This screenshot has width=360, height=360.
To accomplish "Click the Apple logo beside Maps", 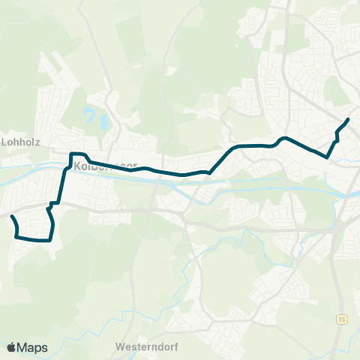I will [11, 347].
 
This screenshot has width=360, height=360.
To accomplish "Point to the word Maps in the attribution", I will [32, 347].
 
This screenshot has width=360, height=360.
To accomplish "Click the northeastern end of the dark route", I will [348, 120].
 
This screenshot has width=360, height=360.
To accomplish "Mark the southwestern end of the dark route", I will [12, 217].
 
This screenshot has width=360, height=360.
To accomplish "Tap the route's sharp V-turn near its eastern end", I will [328, 156].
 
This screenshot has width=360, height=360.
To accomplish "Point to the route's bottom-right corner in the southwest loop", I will [50, 240].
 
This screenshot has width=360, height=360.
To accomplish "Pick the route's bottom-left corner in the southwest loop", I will [16, 237].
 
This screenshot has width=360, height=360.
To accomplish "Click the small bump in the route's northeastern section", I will [283, 139].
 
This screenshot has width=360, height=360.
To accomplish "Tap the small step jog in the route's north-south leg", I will [54, 203].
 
